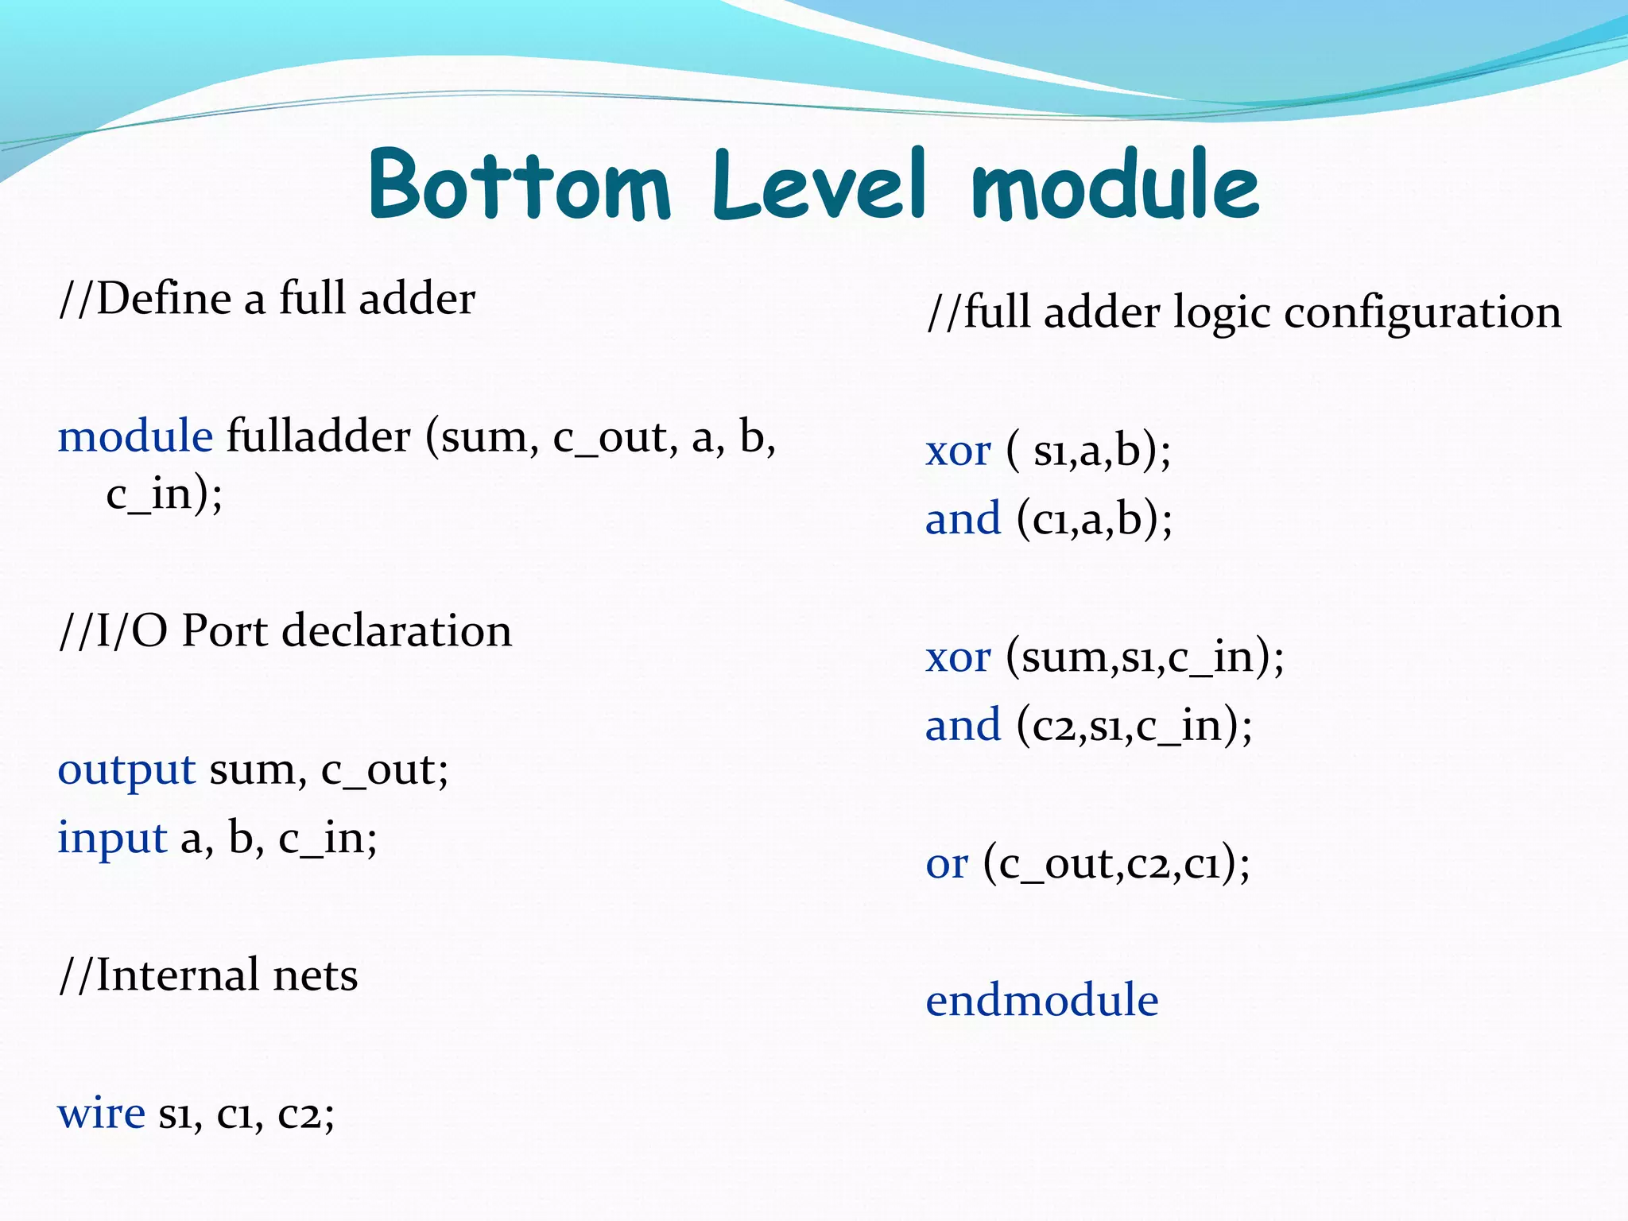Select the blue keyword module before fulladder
pyautogui.click(x=135, y=436)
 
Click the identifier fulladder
pyautogui.click(x=319, y=436)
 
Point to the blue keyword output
pyautogui.click(x=126, y=769)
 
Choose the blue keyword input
pyautogui.click(x=112, y=838)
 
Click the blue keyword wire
pyautogui.click(x=101, y=1112)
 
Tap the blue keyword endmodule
pyautogui.click(x=1041, y=1000)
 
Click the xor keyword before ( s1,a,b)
pyautogui.click(x=958, y=451)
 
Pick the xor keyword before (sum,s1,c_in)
pyautogui.click(x=958, y=657)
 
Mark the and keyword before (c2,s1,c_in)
pyautogui.click(x=963, y=725)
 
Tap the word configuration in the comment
pyautogui.click(x=1422, y=312)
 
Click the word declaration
pyautogui.click(x=397, y=631)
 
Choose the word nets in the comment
pyautogui.click(x=315, y=975)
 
